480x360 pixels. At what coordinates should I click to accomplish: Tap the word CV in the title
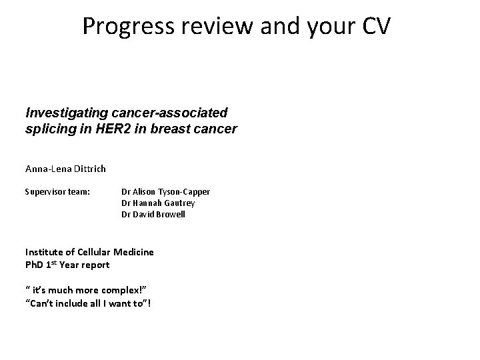click(377, 26)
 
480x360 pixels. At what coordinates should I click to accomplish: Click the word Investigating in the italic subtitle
click(63, 114)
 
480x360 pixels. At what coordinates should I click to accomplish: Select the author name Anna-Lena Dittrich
click(65, 169)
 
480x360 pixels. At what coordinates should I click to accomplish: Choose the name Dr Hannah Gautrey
click(158, 203)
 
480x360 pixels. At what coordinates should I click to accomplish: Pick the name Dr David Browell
click(153, 215)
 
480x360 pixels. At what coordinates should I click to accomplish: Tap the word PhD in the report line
click(35, 264)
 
